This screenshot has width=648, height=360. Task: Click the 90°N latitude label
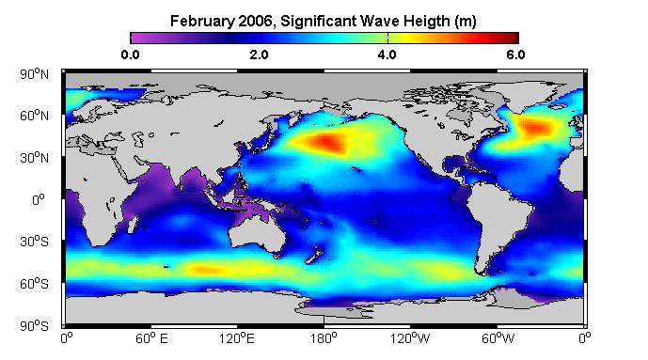tap(34, 74)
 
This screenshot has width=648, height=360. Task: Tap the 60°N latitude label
tap(34, 116)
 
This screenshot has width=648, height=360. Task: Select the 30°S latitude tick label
tap(34, 242)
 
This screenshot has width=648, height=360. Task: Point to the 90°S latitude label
tap(34, 326)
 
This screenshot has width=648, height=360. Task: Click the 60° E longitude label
tap(151, 338)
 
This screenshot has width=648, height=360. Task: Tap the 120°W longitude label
tap(410, 338)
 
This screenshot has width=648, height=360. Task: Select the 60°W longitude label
tap(498, 338)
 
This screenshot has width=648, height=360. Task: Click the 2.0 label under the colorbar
tap(259, 55)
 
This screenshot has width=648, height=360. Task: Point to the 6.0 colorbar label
tap(515, 55)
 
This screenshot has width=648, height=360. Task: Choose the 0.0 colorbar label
tap(130, 55)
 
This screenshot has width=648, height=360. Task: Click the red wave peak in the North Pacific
tap(326, 143)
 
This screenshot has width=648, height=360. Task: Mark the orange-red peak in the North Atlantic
tap(536, 128)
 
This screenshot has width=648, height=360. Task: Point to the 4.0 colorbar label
tap(387, 55)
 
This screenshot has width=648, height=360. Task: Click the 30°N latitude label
tap(34, 158)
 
